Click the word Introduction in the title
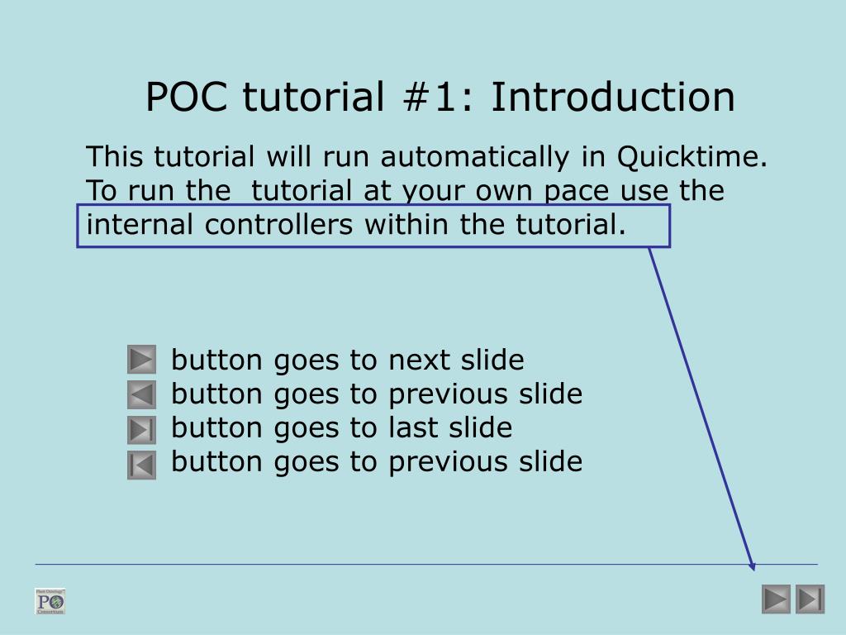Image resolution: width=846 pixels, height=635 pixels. pyautogui.click(x=612, y=97)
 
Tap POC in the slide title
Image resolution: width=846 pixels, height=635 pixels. pyautogui.click(x=189, y=97)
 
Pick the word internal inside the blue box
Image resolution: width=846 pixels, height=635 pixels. pyautogui.click(x=141, y=224)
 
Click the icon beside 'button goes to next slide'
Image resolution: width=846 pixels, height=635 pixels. pyautogui.click(x=142, y=360)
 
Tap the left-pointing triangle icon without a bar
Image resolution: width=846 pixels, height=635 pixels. pyautogui.click(x=142, y=394)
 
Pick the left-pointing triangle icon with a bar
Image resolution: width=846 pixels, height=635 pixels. pyautogui.click(x=142, y=465)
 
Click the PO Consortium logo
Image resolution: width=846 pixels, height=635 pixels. pyautogui.click(x=50, y=601)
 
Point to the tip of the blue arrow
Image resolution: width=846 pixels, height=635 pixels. pyautogui.click(x=753, y=568)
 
